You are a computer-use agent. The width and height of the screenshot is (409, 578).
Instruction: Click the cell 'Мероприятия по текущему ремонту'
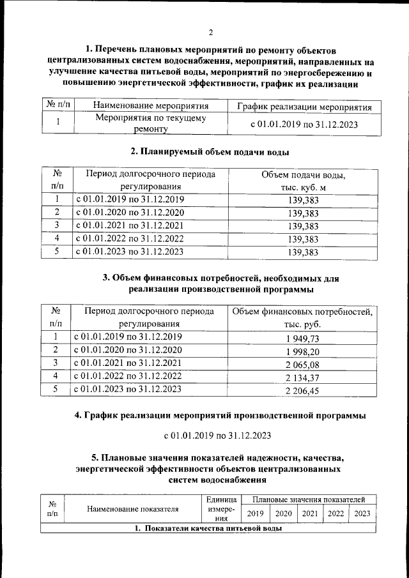(x=151, y=123)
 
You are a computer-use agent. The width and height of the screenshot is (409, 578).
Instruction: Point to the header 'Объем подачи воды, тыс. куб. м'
(x=303, y=181)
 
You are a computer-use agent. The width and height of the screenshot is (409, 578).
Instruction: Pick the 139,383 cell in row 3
(x=303, y=225)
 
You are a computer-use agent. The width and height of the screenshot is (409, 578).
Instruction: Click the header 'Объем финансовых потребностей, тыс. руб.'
(x=302, y=318)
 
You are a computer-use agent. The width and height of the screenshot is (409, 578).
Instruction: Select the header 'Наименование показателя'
(x=133, y=510)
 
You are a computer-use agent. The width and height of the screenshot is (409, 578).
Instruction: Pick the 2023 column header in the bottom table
(x=362, y=513)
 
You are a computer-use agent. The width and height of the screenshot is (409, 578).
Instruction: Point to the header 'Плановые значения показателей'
(x=309, y=499)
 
